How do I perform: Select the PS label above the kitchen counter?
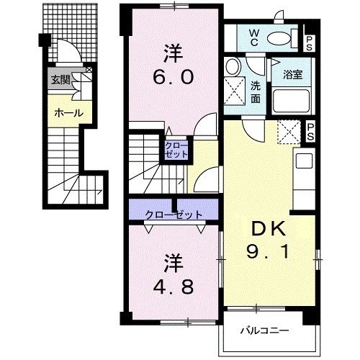[310, 132]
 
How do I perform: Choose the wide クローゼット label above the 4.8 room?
[174, 215]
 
